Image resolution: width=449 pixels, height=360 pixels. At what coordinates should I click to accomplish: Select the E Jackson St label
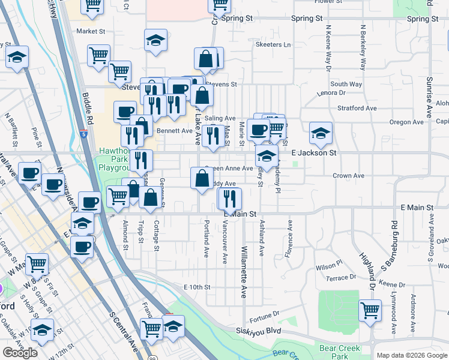pyautogui.click(x=314, y=154)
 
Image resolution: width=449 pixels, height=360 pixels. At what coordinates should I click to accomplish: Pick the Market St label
pyautogui.click(x=91, y=31)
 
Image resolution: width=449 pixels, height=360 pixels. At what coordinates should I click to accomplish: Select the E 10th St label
pyautogui.click(x=197, y=287)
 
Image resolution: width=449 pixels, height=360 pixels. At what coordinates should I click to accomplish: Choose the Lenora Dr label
pyautogui.click(x=334, y=93)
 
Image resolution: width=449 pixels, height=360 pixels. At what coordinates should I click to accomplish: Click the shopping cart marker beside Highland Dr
pyautogui.click(x=370, y=311)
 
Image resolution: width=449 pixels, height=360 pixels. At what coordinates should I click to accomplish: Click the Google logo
pyautogui.click(x=20, y=353)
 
